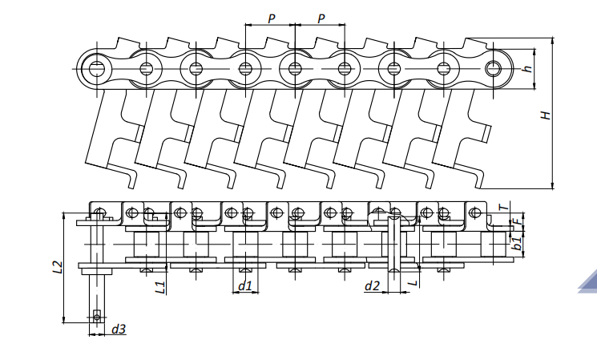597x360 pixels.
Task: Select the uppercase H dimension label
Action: click(x=545, y=115)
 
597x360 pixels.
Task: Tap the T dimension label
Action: click(x=502, y=206)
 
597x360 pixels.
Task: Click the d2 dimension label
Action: click(x=372, y=285)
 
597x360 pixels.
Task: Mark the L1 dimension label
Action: click(x=160, y=285)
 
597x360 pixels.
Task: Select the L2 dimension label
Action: click(x=56, y=269)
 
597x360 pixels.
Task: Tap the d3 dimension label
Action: click(x=119, y=329)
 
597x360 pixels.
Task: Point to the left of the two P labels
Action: click(x=271, y=18)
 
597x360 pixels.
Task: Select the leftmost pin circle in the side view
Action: click(x=96, y=67)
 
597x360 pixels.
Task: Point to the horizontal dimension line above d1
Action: click(x=245, y=293)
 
